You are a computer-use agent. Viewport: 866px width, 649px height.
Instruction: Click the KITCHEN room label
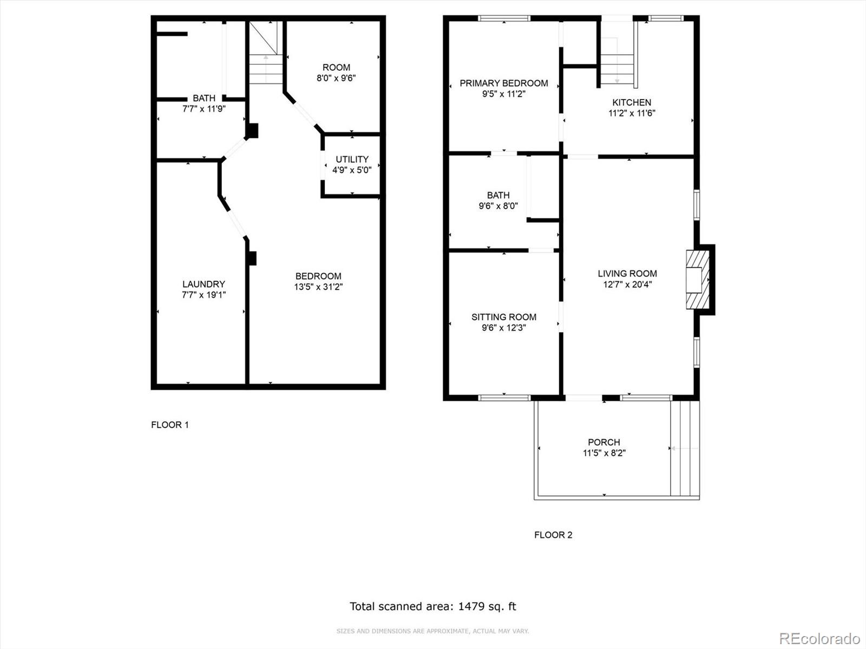pos(631,102)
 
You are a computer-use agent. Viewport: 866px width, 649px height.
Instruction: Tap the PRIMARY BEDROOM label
pos(504,83)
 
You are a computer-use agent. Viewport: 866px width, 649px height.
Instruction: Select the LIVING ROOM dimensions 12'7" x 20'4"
pos(627,284)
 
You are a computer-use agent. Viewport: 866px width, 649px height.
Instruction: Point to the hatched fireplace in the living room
pos(698,280)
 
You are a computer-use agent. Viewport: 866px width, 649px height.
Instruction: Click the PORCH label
pos(604,442)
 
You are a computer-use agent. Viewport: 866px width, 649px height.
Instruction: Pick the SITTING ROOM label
pos(504,317)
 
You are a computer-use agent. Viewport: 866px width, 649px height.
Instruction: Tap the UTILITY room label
pos(352,159)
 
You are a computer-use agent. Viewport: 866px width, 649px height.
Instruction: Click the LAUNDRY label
pos(204,284)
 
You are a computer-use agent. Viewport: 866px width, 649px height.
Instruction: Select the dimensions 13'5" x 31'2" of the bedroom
pos(318,287)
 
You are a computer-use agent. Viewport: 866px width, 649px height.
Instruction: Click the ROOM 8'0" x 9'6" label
pos(336,72)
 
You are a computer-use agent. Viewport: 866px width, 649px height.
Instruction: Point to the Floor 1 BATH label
pos(204,98)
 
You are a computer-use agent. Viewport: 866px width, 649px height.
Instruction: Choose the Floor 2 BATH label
pos(498,195)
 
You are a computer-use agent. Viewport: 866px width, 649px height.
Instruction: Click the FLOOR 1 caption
pos(170,425)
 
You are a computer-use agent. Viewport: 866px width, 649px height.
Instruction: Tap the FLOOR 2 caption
pos(553,535)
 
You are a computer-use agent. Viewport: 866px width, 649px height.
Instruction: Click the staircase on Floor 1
pos(266,52)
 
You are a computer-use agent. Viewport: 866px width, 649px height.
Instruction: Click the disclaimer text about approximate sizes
pos(432,631)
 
